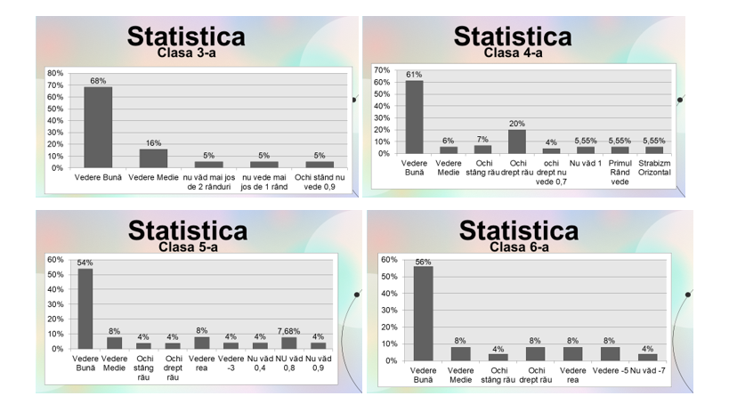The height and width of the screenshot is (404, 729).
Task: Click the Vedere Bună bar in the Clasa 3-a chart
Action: pyautogui.click(x=98, y=126)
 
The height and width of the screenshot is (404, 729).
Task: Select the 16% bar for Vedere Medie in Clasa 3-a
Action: pyautogui.click(x=153, y=158)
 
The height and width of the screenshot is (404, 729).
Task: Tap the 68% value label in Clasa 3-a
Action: pyautogui.click(x=98, y=81)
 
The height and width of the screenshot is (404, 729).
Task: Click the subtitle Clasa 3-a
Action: pyautogui.click(x=187, y=52)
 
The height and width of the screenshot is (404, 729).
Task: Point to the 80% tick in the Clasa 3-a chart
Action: pyautogui.click(x=54, y=73)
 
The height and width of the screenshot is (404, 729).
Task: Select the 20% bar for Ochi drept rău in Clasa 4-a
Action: pyautogui.click(x=517, y=141)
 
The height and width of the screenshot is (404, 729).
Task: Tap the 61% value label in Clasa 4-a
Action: pyautogui.click(x=414, y=75)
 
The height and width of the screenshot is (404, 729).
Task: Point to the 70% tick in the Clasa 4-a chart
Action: pyautogui.click(x=383, y=70)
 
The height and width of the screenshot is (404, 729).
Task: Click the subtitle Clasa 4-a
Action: pyautogui.click(x=513, y=52)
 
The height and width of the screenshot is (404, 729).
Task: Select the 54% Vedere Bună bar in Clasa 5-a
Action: pyautogui.click(x=85, y=308)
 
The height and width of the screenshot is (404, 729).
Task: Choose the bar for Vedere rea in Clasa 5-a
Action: pyautogui.click(x=201, y=343)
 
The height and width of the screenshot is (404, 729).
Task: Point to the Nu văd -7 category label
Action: pyautogui.click(x=649, y=368)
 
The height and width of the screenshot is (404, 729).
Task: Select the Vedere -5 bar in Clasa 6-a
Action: pyautogui.click(x=611, y=353)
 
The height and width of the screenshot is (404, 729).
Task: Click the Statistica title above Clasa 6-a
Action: pyautogui.click(x=518, y=230)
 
